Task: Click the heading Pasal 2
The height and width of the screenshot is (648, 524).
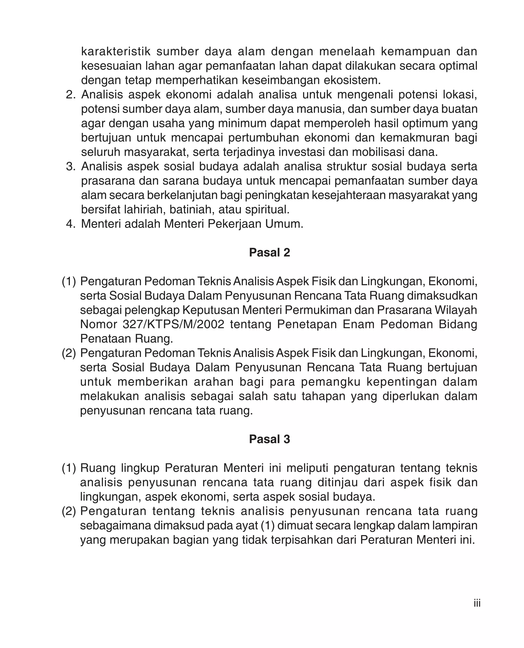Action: pos(269,253)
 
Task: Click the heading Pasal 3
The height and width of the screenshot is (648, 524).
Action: pos(269,439)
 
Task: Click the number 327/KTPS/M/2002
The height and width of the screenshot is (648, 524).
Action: pos(173,325)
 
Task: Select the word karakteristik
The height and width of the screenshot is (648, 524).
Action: pos(116,52)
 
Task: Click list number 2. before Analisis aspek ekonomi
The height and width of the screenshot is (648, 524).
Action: pos(71,95)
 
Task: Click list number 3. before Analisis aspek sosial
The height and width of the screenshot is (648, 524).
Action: pos(71,167)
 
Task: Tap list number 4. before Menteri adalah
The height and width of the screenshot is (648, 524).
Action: pos(71,224)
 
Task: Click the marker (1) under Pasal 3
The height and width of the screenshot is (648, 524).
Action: pos(69,468)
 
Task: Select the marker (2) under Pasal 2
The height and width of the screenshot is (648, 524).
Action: pos(69,353)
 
